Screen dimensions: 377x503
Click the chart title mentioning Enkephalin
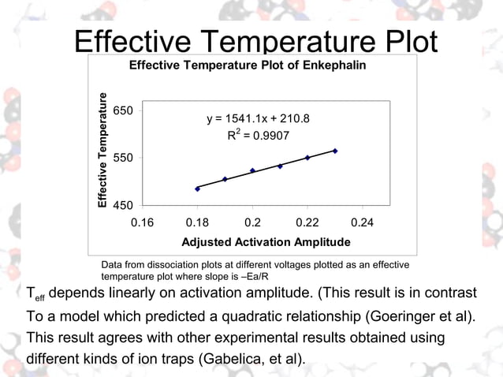pyautogui.click(x=247, y=64)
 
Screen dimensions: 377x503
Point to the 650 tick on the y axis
pyautogui.click(x=122, y=111)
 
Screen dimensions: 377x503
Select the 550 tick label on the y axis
pyautogui.click(x=122, y=158)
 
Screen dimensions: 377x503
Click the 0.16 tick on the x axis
pyautogui.click(x=142, y=222)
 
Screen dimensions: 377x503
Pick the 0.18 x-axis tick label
pyautogui.click(x=197, y=222)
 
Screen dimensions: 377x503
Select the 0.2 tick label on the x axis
pyautogui.click(x=252, y=222)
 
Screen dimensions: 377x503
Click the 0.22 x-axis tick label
pyautogui.click(x=307, y=222)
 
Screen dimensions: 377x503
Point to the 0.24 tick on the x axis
pyautogui.click(x=363, y=222)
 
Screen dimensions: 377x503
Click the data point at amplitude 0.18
pyautogui.click(x=197, y=188)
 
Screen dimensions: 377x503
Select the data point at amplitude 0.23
pyautogui.click(x=335, y=151)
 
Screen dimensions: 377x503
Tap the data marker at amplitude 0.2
pyautogui.click(x=252, y=170)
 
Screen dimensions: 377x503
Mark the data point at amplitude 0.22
pyautogui.click(x=307, y=158)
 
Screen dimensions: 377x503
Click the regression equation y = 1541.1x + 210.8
pyautogui.click(x=258, y=119)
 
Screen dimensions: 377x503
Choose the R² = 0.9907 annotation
pyautogui.click(x=258, y=136)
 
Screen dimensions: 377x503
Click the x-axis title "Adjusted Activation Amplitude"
pyautogui.click(x=266, y=241)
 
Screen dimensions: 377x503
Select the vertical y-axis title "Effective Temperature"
pyautogui.click(x=102, y=151)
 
